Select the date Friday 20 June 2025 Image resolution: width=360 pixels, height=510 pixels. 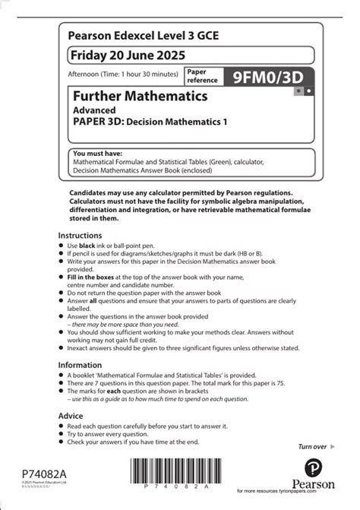(126, 55)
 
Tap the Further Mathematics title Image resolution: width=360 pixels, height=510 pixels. (140, 97)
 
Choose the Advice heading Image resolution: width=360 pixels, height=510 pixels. (73, 417)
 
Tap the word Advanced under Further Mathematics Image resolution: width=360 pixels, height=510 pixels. (94, 109)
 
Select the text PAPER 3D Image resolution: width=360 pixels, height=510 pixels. (99, 121)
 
